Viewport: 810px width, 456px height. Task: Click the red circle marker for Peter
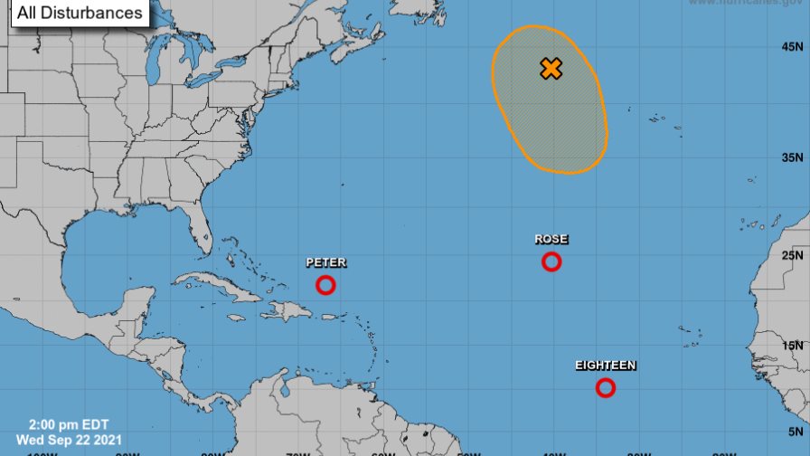(325, 285)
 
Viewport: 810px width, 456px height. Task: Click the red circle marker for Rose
(551, 261)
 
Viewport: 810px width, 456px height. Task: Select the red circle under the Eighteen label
(606, 388)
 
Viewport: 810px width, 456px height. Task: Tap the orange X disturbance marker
(551, 69)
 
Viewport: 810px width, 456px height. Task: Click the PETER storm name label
(325, 262)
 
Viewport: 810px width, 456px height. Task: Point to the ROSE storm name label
(551, 239)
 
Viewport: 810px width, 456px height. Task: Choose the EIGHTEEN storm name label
(606, 366)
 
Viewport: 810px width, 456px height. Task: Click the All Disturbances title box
(79, 13)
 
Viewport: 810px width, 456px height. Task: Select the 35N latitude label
(790, 157)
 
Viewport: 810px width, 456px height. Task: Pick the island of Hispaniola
(287, 310)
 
